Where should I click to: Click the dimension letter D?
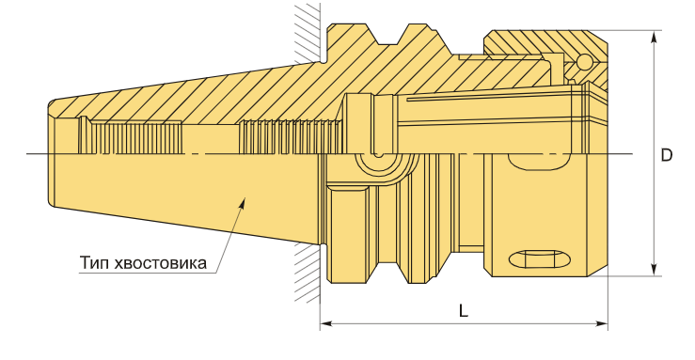(667, 155)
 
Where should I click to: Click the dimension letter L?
(464, 311)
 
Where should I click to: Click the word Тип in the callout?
(94, 263)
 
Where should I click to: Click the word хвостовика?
(160, 263)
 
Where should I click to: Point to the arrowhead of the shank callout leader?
(242, 203)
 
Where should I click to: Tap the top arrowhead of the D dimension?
(654, 37)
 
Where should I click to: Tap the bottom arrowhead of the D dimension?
(654, 270)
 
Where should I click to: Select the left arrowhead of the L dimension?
(326, 323)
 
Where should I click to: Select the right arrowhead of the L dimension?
(602, 323)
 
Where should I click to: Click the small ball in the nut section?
(584, 61)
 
